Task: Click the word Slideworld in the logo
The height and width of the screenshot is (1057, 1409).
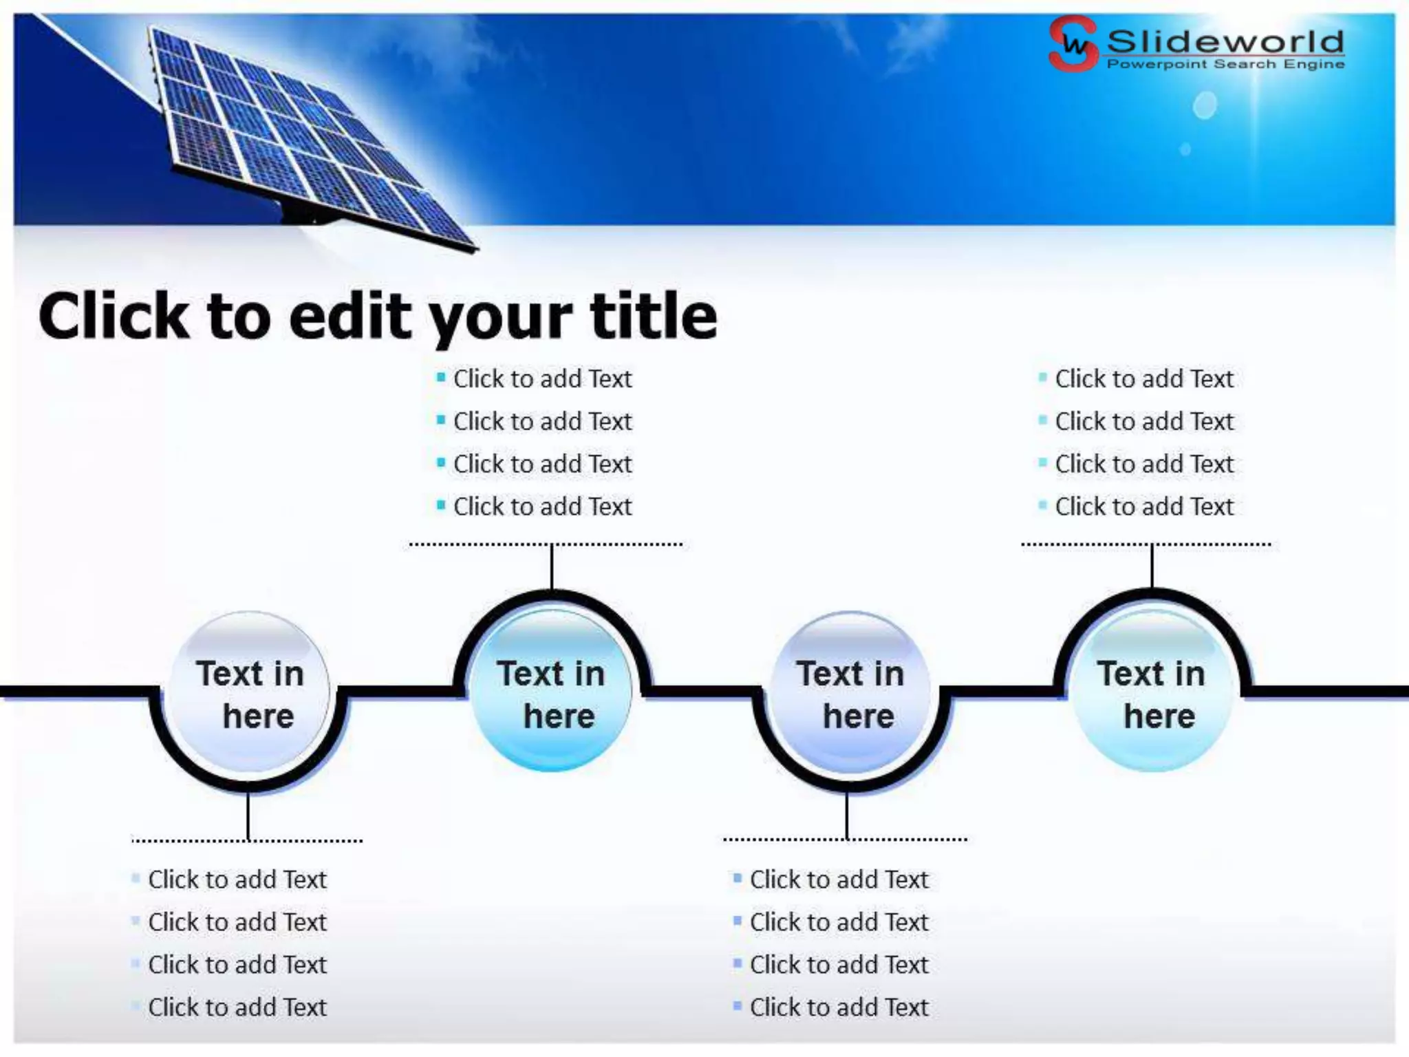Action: coord(1225,41)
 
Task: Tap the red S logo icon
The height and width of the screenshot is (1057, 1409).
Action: coord(1073,44)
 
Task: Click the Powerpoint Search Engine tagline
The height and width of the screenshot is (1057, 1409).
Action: coord(1225,64)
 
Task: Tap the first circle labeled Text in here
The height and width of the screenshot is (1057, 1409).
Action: coord(249,694)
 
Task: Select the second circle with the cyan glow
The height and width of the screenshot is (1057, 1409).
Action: coord(552,694)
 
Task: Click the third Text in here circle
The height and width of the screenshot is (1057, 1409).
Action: coord(850,694)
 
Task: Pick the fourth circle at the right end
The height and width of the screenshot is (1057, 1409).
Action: coord(1152,694)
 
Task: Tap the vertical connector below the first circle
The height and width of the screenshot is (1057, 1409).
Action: coord(248,816)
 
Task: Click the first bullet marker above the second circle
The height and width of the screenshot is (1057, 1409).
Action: coord(441,376)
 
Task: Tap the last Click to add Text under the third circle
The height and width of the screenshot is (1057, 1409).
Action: coord(839,1007)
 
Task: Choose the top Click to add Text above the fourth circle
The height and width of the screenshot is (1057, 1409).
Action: coord(1144,378)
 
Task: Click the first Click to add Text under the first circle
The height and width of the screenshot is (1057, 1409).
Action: coord(237,879)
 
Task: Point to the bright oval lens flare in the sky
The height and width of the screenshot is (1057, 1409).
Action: coord(1205,105)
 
